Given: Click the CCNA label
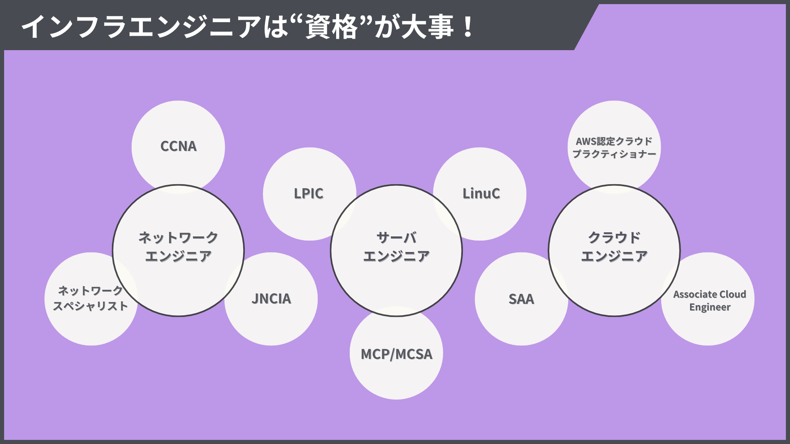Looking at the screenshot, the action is pos(179,146).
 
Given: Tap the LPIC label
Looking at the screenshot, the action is pos(309,194).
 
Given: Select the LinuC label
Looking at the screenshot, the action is pos(481,194).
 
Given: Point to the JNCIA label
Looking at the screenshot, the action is pos(271,299).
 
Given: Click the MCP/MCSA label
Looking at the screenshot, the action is pos(397,354).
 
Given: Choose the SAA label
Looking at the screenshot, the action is pos(521,299).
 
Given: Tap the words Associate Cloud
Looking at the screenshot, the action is pos(710,294).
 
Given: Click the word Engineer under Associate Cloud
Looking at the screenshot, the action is pos(710,308).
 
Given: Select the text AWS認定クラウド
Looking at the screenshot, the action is pos(614,141).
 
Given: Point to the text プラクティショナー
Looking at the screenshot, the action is pos(614,154).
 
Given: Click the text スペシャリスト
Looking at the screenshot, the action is pos(91,306).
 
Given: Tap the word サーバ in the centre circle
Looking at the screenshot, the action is pos(397,238).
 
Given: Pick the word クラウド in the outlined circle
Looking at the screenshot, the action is pos(614,238).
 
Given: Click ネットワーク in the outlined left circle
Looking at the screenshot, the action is pos(178,238).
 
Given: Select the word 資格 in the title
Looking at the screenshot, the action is pos(332,27).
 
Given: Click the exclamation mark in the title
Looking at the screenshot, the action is pos(468,27).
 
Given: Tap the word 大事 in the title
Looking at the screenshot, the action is pos(428,27).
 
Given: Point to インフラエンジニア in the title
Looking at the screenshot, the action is pos(142,27).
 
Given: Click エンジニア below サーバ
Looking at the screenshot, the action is pos(397,257).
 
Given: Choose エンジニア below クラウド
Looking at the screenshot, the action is pos(614,257).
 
